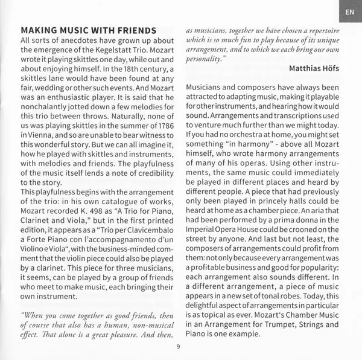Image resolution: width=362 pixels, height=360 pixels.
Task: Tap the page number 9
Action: pyautogui.click(x=179, y=346)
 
